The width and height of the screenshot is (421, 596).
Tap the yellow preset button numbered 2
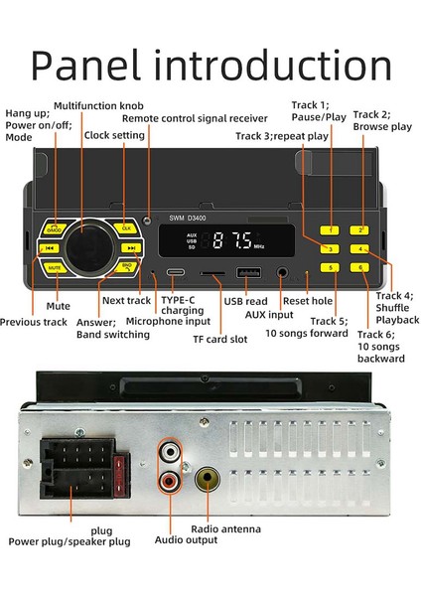coord(363,230)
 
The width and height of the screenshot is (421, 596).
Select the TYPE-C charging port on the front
coord(176,272)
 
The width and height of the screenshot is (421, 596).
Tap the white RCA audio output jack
coord(171,453)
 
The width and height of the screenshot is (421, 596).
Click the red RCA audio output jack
coord(171,483)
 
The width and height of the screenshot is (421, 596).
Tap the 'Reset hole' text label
coord(309,300)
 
